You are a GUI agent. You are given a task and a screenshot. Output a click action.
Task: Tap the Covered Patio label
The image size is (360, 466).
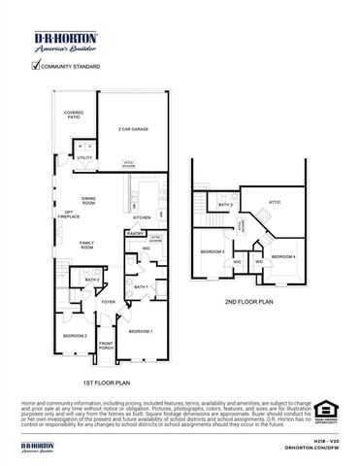(74, 116)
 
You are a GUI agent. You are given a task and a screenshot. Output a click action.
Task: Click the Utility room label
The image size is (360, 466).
(84, 157)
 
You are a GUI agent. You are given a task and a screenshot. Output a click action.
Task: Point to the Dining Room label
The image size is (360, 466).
(87, 201)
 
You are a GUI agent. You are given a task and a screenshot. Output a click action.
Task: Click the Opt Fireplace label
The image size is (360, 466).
(69, 216)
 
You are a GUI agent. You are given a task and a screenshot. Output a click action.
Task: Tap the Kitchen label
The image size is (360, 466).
(141, 217)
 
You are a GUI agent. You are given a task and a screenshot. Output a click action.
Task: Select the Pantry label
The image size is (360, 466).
(135, 233)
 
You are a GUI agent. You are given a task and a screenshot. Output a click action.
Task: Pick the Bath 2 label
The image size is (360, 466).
(92, 280)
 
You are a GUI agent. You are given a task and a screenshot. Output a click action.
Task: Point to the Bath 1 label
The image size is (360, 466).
(140, 287)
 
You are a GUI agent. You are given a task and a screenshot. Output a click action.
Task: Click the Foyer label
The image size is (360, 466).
(109, 302)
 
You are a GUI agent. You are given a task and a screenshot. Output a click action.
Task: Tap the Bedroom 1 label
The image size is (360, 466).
(142, 332)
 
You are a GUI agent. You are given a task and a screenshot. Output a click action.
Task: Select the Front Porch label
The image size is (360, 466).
(106, 346)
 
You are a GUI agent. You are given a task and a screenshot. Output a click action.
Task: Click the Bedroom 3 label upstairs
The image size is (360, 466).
(213, 251)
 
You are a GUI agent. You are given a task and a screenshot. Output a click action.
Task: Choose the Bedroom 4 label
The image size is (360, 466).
(282, 256)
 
